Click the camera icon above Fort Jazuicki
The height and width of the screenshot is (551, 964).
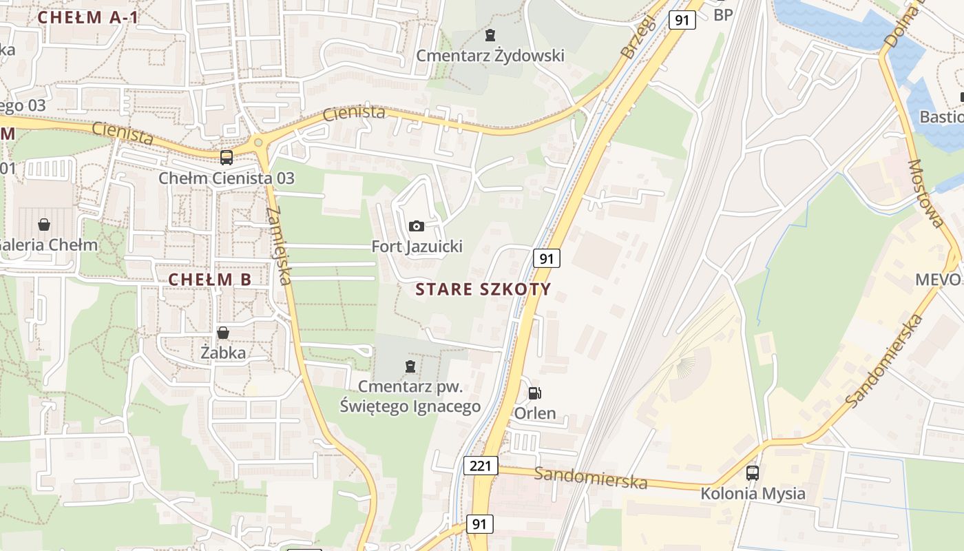pyautogui.click(x=417, y=226)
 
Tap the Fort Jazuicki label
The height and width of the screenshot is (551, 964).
pyautogui.click(x=417, y=246)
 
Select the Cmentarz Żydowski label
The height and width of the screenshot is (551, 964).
pyautogui.click(x=490, y=55)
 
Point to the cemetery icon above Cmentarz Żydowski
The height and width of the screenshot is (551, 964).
pyautogui.click(x=490, y=34)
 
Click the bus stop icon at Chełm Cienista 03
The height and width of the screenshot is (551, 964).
pyautogui.click(x=227, y=157)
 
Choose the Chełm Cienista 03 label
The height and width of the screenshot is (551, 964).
pyautogui.click(x=227, y=178)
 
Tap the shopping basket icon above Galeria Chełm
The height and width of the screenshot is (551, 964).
pyautogui.click(x=44, y=225)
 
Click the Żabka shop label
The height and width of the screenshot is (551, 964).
pyautogui.click(x=223, y=353)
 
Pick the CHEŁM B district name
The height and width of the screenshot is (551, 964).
pyautogui.click(x=210, y=279)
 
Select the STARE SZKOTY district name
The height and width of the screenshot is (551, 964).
pyautogui.click(x=484, y=289)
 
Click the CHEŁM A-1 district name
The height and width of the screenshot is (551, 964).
pyautogui.click(x=88, y=18)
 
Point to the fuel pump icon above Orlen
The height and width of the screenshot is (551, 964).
pyautogui.click(x=534, y=393)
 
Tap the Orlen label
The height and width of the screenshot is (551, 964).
pyautogui.click(x=535, y=413)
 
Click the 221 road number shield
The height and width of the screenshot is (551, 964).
pyautogui.click(x=480, y=466)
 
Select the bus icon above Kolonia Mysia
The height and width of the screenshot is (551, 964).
pyautogui.click(x=753, y=473)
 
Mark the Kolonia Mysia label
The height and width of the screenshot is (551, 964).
pyautogui.click(x=753, y=493)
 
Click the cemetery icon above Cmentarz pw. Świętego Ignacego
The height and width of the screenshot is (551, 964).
pyautogui.click(x=411, y=366)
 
